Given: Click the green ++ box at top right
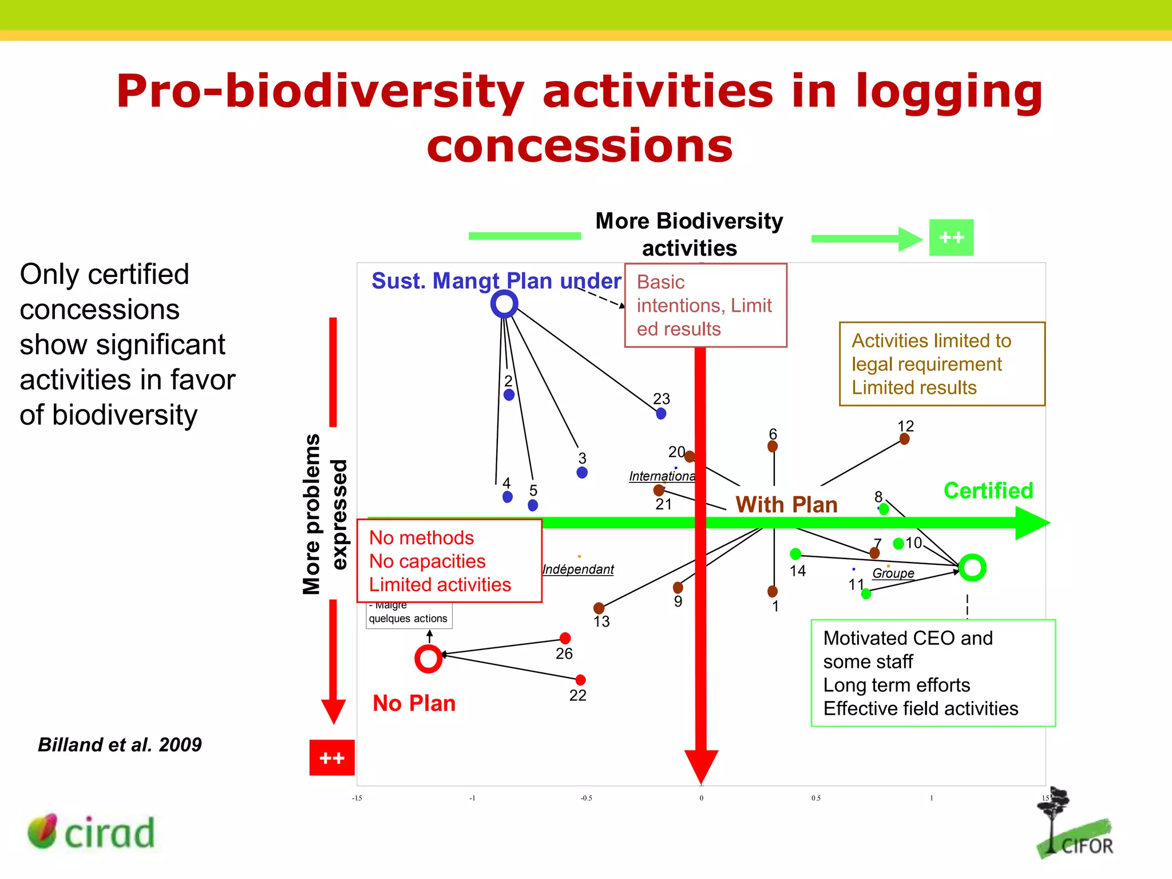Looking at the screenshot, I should click(951, 237).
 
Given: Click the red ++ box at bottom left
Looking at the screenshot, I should click(332, 758).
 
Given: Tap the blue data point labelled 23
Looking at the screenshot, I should click(661, 413).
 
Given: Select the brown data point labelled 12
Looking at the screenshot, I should click(904, 439).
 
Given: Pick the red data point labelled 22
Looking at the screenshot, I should click(580, 680).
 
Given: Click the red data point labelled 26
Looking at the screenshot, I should click(565, 638).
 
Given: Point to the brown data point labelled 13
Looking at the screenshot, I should click(599, 608).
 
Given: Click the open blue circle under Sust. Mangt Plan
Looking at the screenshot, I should click(504, 304).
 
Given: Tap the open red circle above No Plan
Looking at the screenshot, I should click(428, 659).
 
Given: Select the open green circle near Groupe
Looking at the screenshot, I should click(972, 568).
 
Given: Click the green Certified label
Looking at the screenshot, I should click(988, 491).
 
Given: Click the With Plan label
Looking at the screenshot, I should click(786, 505).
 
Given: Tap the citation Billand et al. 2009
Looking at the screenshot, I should click(120, 745).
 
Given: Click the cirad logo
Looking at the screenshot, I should click(92, 832).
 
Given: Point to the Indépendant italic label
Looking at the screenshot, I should click(578, 569).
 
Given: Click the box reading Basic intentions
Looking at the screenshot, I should click(705, 306).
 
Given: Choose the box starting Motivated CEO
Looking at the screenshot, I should click(933, 673).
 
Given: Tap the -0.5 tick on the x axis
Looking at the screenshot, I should click(586, 798).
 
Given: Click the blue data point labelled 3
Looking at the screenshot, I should click(582, 473).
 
